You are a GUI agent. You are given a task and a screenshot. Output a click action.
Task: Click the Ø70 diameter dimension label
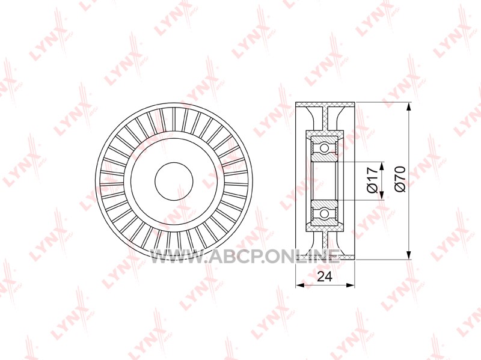[x=400, y=179]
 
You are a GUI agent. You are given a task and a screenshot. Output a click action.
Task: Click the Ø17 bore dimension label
[x=372, y=180]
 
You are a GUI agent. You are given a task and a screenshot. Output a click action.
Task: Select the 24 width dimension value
[x=325, y=277]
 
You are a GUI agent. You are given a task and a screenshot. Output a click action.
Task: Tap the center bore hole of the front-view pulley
[x=174, y=182]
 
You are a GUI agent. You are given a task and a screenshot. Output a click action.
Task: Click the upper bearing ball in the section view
[x=324, y=148]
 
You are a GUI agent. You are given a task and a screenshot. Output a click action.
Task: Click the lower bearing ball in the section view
[x=324, y=213]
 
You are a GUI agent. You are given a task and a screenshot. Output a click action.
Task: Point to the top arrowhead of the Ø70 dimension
[x=408, y=108]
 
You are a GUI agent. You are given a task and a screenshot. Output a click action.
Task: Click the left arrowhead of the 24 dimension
[x=299, y=285]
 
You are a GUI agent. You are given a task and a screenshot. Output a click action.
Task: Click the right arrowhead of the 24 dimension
[x=351, y=285]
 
